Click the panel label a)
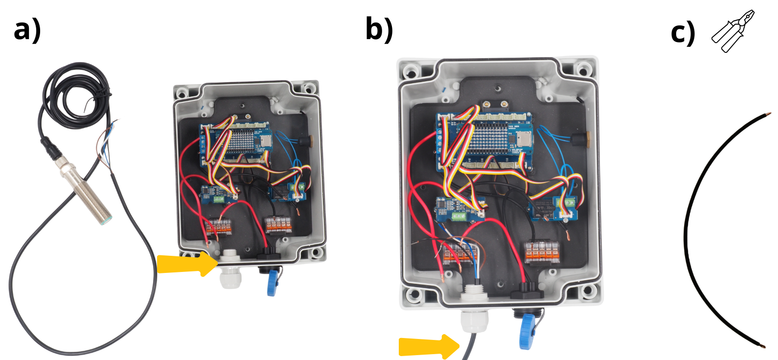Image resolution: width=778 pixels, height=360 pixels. click(x=27, y=30)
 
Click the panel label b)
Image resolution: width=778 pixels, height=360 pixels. click(x=379, y=29)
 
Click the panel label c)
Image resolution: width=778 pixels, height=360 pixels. click(x=682, y=33)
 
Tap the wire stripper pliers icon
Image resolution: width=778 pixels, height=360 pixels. click(x=732, y=30)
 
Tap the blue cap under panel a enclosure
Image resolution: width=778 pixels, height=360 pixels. click(x=272, y=284)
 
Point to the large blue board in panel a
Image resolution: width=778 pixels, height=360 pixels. click(x=236, y=143)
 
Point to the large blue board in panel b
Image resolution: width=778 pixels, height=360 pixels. click(x=484, y=142)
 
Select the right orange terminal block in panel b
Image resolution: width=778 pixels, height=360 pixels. click(x=542, y=252)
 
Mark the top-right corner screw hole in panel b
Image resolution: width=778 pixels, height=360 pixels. click(x=583, y=68)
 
